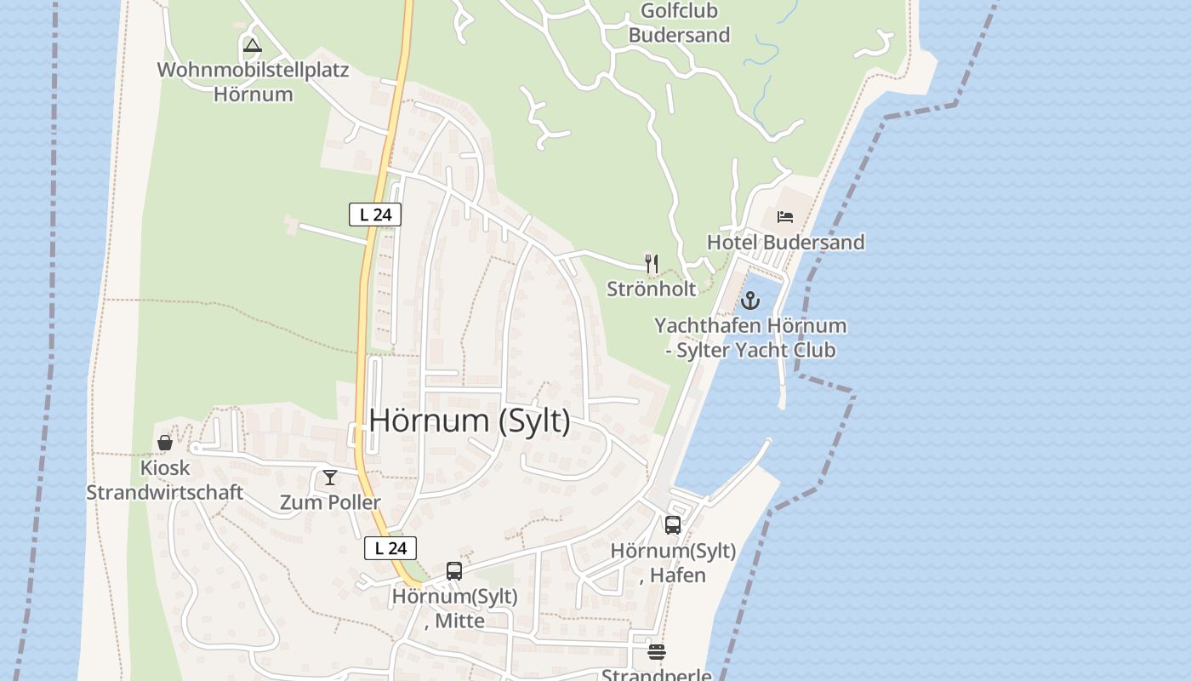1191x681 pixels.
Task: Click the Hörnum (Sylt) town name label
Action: [x=470, y=421]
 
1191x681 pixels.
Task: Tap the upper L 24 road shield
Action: [x=375, y=215]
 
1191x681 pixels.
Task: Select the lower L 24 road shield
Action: [x=390, y=548]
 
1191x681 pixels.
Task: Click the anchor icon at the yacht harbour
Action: [x=749, y=300]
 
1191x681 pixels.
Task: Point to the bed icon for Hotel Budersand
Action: [x=785, y=217]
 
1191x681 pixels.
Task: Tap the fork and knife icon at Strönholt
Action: [x=652, y=264]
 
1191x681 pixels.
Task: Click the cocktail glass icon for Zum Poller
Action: [x=330, y=478]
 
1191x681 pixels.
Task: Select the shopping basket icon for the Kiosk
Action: [x=165, y=443]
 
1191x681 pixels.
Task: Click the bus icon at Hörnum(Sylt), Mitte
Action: [x=454, y=571]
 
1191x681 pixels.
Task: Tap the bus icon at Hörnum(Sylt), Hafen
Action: [x=673, y=525]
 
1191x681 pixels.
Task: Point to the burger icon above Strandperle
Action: [x=656, y=652]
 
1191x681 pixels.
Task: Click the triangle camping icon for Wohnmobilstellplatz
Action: [x=252, y=45]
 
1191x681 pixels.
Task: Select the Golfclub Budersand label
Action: [x=679, y=23]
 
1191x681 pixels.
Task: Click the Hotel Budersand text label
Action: [x=785, y=243]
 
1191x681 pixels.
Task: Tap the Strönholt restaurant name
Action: [x=651, y=289]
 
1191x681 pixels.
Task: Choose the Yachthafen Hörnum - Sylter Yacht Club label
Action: [x=750, y=338]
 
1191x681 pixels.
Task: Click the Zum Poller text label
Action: [x=330, y=502]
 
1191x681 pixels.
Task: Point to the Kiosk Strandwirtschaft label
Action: [x=165, y=480]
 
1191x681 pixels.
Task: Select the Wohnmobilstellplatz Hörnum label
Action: [x=253, y=82]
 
